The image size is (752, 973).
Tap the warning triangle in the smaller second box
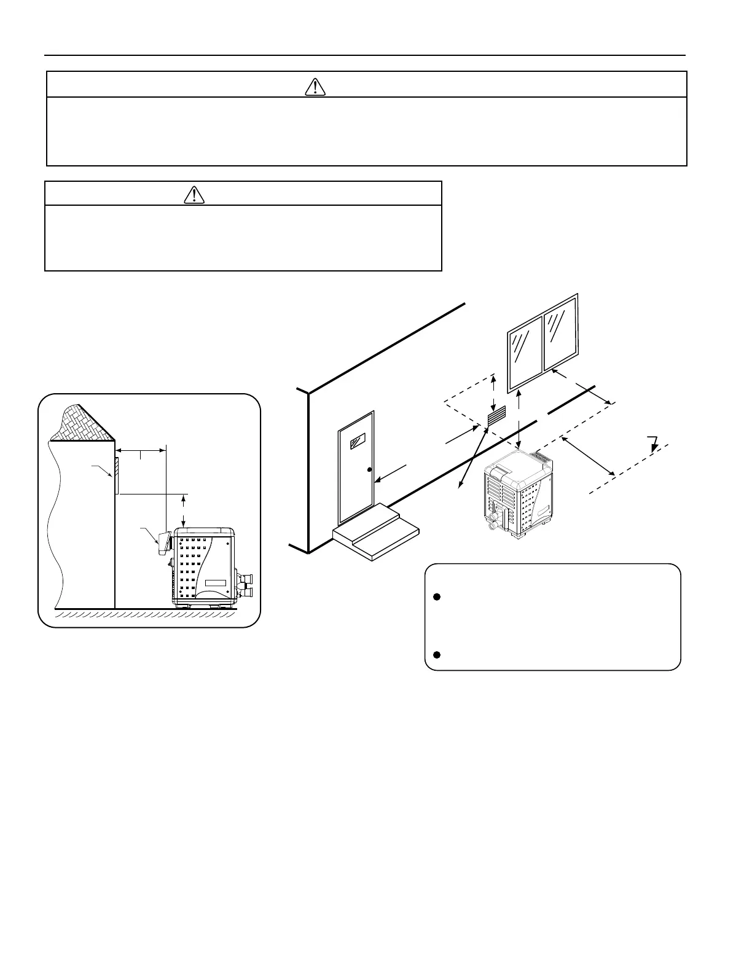click(194, 195)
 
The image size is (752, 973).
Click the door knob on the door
click(369, 471)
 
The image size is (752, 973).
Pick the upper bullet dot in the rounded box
click(437, 597)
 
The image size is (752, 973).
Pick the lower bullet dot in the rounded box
click(437, 655)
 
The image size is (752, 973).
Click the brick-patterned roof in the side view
click(82, 424)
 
